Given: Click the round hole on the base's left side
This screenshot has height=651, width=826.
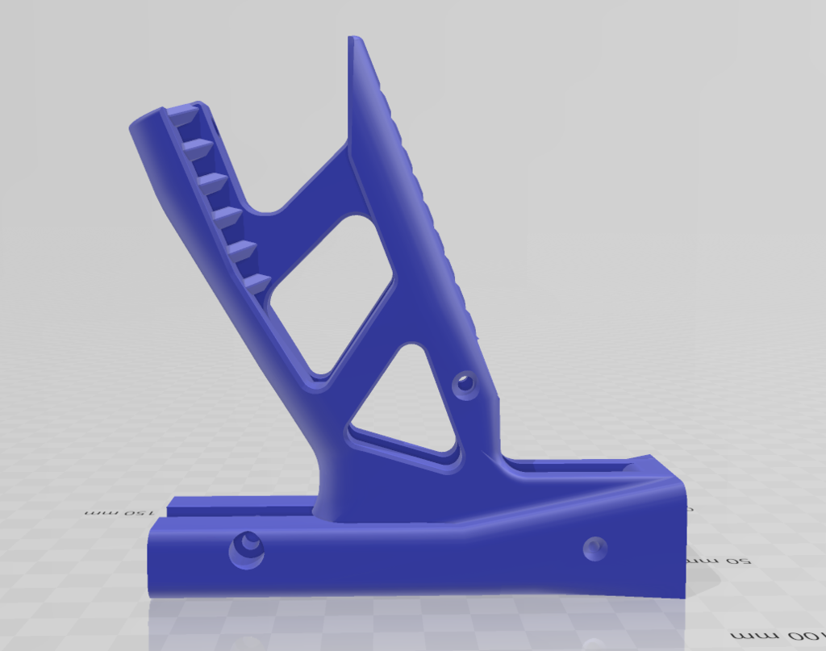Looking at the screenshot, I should click(x=247, y=550).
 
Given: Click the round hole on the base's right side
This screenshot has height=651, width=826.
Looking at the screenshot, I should click(x=595, y=549).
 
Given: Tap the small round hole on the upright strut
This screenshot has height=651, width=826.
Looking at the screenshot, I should click(x=465, y=383).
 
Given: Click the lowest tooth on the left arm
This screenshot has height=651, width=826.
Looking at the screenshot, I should click(x=257, y=283).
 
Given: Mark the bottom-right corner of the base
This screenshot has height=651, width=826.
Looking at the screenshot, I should click(x=684, y=598).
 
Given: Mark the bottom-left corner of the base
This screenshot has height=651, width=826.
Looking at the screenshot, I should click(x=150, y=595).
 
